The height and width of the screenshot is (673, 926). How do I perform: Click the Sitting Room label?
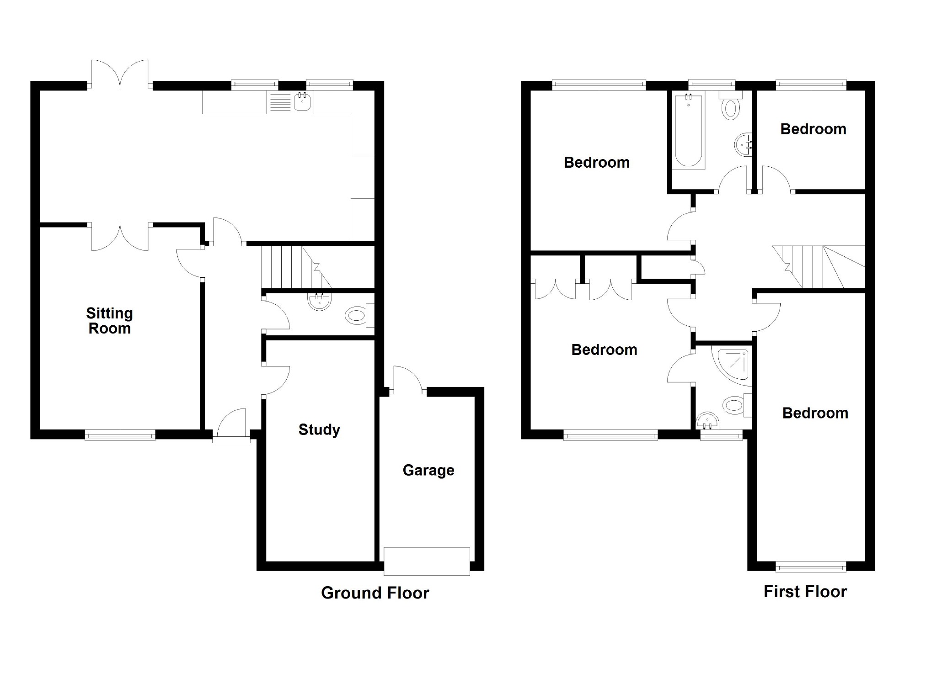point(110,321)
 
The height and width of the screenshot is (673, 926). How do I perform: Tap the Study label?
point(319,429)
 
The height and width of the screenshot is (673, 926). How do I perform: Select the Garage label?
point(428,470)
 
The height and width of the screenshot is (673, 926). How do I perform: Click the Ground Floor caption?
point(375,593)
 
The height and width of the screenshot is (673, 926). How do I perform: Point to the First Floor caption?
point(805,592)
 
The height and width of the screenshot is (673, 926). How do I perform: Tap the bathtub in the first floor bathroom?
point(688,130)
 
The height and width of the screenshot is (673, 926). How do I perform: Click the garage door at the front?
point(427,561)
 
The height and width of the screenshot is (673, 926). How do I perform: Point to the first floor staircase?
point(819,267)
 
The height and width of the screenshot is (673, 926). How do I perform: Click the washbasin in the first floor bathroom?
point(743,144)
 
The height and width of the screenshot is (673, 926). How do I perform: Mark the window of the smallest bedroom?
point(811,85)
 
